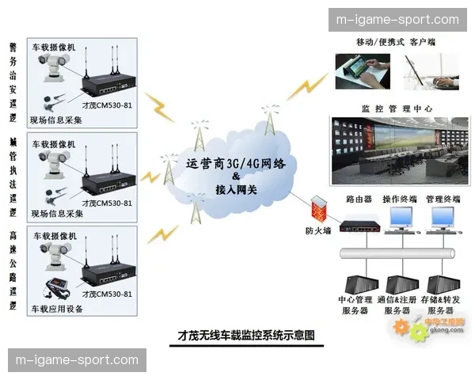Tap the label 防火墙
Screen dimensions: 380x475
[x=319, y=231]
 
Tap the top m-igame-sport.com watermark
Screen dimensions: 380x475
[x=397, y=19]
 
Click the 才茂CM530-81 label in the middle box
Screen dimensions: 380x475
[x=107, y=203]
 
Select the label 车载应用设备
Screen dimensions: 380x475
[x=57, y=309]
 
